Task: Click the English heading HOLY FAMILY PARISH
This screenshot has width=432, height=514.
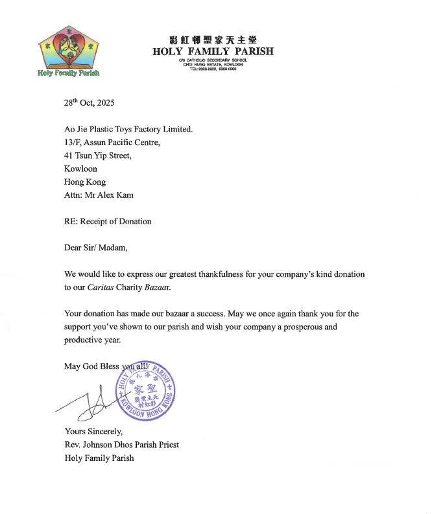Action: pyautogui.click(x=213, y=51)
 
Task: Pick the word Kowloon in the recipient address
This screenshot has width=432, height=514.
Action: pyautogui.click(x=80, y=169)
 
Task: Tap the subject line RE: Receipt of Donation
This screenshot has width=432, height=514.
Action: pyautogui.click(x=108, y=221)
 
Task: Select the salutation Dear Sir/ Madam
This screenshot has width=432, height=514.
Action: pyautogui.click(x=96, y=248)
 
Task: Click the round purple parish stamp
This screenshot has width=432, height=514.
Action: pyautogui.click(x=145, y=393)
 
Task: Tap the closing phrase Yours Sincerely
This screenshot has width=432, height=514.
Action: pyautogui.click(x=93, y=431)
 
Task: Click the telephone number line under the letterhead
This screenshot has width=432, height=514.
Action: pyautogui.click(x=213, y=69)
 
